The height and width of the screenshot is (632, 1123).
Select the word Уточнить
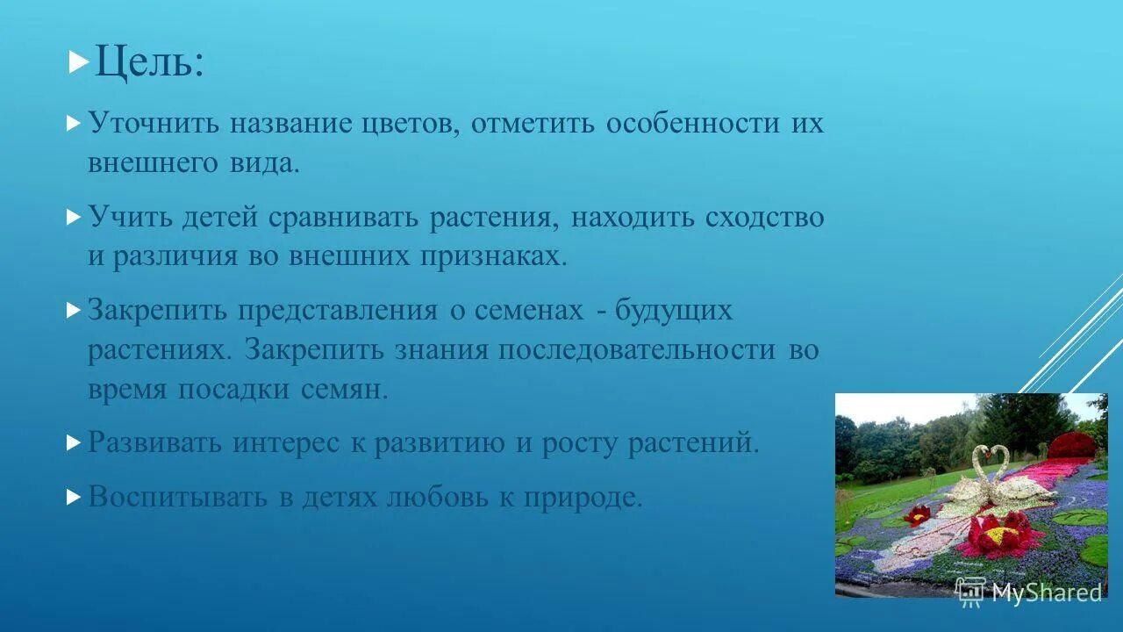154,123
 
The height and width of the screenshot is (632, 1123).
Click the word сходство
764,217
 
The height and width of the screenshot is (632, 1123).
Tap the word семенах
528,310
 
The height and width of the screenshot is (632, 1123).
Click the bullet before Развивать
74,444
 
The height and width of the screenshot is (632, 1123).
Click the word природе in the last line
583,498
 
